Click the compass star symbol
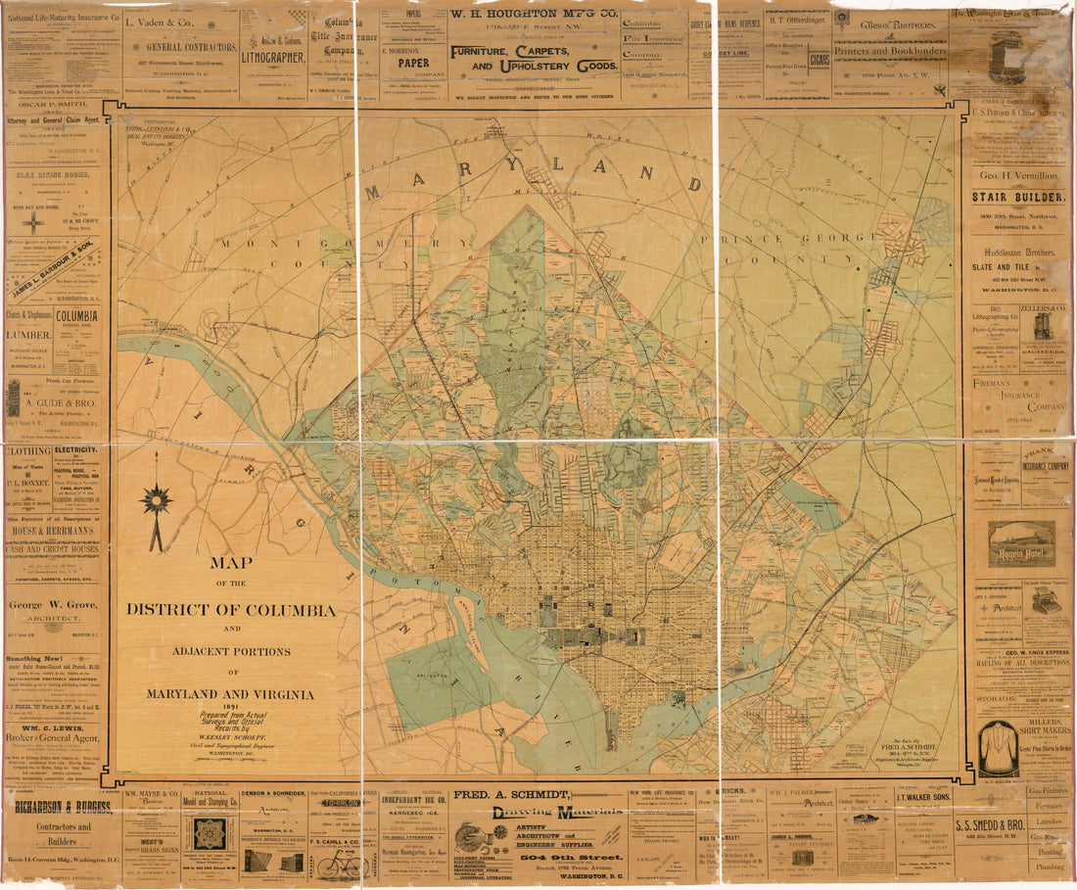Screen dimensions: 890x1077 pyautogui.click(x=156, y=501)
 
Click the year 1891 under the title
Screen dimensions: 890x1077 pyautogui.click(x=231, y=708)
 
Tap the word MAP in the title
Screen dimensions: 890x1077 pyautogui.click(x=231, y=563)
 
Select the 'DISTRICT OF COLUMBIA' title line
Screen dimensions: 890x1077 pyautogui.click(x=231, y=610)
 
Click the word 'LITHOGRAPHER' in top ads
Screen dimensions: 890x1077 pyautogui.click(x=273, y=57)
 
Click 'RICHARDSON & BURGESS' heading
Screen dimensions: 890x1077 pyautogui.click(x=61, y=807)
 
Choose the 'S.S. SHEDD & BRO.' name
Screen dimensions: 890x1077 pyautogui.click(x=1017, y=824)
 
